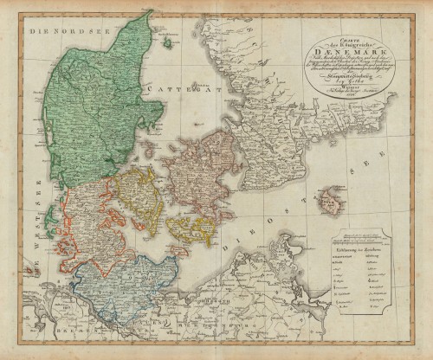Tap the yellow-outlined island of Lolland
tap(191, 229)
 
